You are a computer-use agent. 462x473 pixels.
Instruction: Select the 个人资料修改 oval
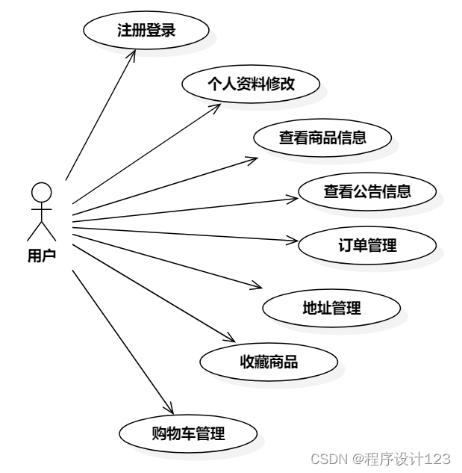[252, 84]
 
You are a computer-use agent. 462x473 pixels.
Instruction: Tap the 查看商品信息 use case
[322, 137]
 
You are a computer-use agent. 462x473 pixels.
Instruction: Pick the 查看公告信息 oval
[366, 191]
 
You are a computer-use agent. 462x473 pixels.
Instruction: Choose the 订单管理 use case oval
[366, 245]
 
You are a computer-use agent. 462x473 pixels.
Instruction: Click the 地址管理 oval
[331, 307]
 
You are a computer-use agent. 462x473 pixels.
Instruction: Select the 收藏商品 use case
[269, 362]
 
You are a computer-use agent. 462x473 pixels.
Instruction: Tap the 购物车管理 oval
[188, 433]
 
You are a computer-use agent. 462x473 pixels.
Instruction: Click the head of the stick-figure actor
[41, 192]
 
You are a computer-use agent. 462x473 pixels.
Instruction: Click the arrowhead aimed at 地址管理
[258, 287]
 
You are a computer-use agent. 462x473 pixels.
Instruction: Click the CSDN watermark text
[380, 457]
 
